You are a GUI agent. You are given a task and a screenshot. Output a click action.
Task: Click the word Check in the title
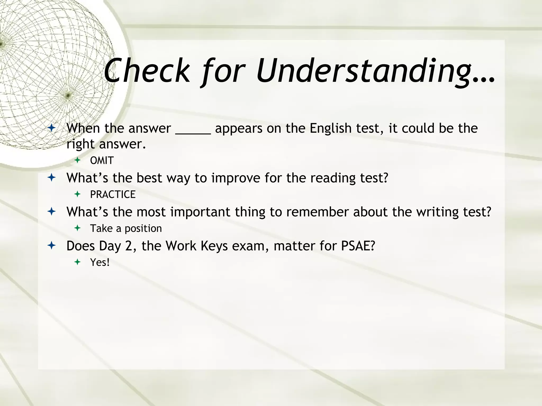tap(147, 71)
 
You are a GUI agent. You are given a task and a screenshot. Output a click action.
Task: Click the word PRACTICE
tap(113, 195)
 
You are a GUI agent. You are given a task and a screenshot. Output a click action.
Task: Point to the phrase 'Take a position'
tap(126, 228)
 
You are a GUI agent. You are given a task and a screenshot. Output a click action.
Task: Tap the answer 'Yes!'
tap(100, 262)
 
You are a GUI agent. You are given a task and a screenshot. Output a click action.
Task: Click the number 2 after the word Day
tap(129, 246)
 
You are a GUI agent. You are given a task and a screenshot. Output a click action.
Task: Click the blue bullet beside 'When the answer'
tap(52, 128)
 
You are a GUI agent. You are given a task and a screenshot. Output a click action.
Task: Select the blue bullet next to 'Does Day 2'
tap(52, 246)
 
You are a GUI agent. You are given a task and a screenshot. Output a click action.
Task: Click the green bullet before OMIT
tap(77, 160)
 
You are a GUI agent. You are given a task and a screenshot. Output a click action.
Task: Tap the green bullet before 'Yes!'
tap(77, 262)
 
